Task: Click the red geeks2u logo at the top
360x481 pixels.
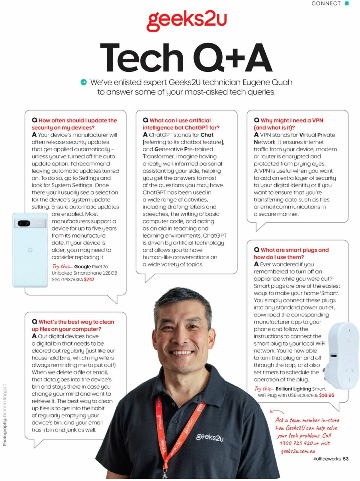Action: tap(186, 20)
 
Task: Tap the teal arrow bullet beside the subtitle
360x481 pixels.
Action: tap(84, 82)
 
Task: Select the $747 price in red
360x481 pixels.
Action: tap(89, 280)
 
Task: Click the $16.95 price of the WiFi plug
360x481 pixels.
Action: tap(326, 395)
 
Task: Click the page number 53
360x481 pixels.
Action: tap(346, 459)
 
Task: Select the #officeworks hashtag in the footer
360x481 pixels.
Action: tap(327, 459)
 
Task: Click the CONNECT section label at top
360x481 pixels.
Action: tap(326, 4)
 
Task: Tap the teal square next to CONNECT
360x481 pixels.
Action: tap(347, 3)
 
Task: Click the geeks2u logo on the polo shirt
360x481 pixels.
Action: tap(210, 437)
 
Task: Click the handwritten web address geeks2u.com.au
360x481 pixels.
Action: tap(298, 451)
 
